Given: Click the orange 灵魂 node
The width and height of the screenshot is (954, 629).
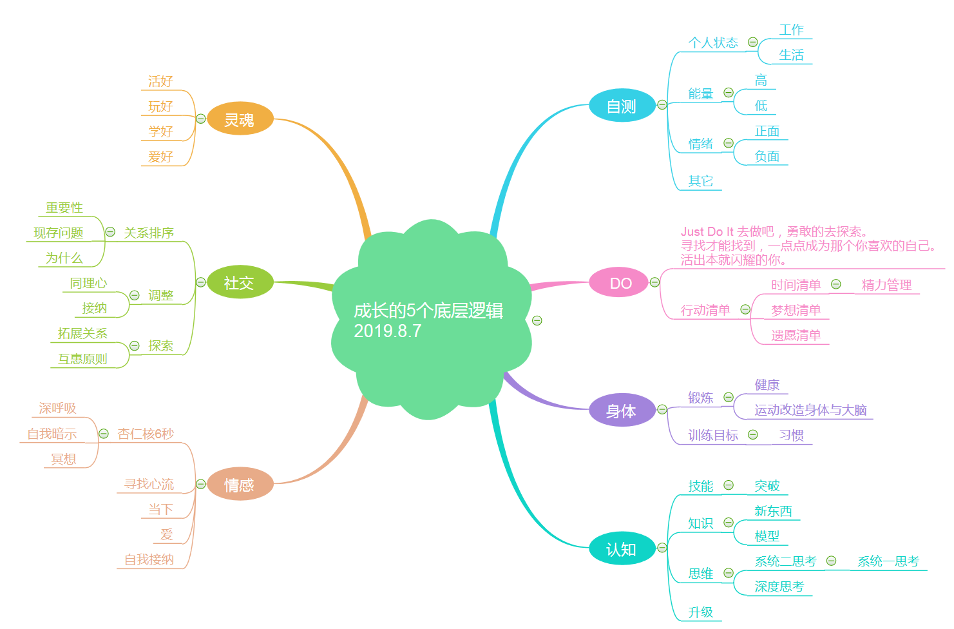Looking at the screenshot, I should point(240,119).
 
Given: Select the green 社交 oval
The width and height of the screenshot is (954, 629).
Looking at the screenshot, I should point(239,282).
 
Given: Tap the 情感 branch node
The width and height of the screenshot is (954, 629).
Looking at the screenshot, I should point(239,485).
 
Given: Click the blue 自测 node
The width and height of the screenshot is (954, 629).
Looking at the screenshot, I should point(622,106).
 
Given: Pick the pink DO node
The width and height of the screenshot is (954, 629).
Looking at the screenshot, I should point(620,284).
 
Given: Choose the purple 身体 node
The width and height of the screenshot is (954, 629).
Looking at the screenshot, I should point(621,411).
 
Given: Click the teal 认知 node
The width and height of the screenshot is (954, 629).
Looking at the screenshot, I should point(621,549).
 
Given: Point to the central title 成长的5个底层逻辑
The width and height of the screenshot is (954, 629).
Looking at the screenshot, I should point(428,311).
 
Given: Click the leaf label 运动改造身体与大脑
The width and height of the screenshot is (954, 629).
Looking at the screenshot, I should point(810,410).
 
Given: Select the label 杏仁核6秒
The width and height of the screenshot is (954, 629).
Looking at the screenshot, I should point(146,434).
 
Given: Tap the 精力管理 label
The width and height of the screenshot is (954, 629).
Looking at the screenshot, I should point(886,285).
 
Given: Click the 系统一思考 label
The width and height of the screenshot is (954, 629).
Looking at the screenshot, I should point(888,561).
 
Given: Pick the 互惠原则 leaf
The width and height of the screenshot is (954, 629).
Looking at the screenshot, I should point(82,359).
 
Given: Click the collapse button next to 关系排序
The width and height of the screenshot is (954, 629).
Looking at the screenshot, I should point(110,232).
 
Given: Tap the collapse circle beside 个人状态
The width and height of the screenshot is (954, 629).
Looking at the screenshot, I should point(752,43).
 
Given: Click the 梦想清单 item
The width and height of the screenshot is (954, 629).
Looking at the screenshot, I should point(796,310).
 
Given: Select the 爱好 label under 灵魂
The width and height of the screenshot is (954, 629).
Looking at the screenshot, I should point(160,157).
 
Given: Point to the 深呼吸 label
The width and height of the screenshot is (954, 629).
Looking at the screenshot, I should point(57,408).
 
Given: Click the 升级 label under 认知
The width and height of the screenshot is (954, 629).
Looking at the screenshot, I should point(700,612).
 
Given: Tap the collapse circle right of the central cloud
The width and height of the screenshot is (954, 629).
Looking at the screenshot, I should point(537,320).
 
